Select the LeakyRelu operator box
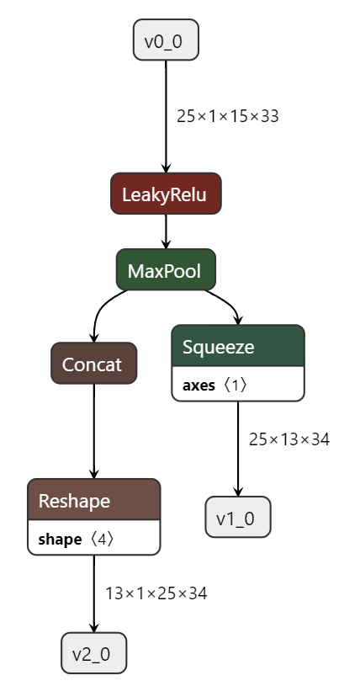(166, 194)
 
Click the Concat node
(93, 364)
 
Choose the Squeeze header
(237, 347)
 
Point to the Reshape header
(93, 501)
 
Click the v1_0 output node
(237, 518)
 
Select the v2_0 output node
(93, 653)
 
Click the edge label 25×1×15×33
(227, 116)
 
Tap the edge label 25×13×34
(289, 439)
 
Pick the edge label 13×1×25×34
(156, 593)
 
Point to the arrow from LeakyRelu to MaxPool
(166, 233)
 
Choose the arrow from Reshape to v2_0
(93, 593)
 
